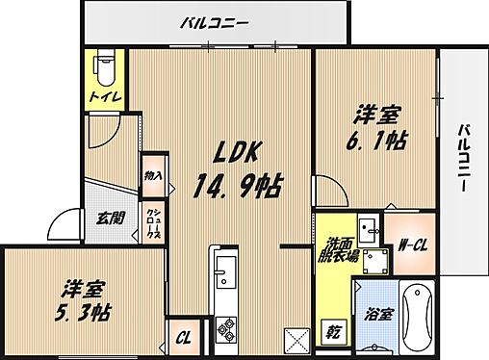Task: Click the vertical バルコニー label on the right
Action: [x=465, y=158]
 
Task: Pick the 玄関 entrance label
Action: [x=106, y=219]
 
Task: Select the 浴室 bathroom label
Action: [x=379, y=314]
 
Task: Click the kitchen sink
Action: [x=224, y=273]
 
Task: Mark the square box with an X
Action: [x=296, y=341]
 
